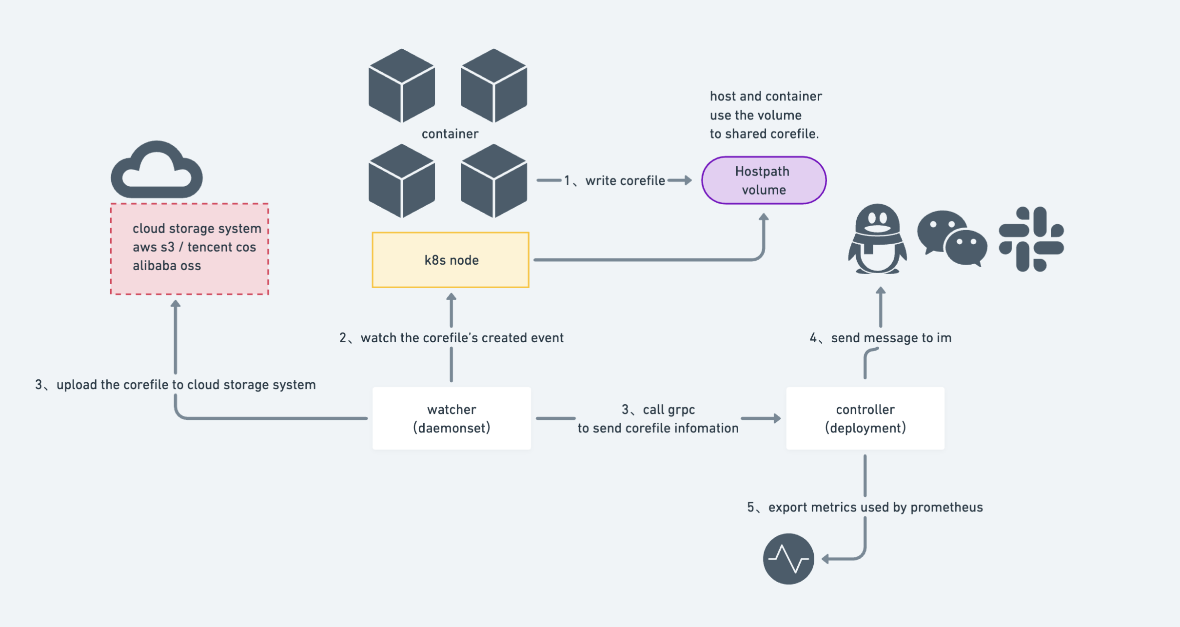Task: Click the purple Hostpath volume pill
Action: [x=764, y=180]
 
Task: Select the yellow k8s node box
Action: [x=451, y=260]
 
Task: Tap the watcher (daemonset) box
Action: [x=452, y=418]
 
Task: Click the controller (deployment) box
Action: [x=865, y=418]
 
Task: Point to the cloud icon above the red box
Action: [x=157, y=171]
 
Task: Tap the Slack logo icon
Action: [x=1031, y=239]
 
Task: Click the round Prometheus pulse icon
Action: [x=788, y=559]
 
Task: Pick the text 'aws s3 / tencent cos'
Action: [x=194, y=247]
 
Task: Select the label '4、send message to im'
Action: [x=881, y=338]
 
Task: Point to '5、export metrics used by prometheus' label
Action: [x=865, y=508]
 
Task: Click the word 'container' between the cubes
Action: [x=450, y=134]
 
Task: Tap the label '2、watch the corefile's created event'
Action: [x=451, y=338]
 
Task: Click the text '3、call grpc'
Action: [x=658, y=410]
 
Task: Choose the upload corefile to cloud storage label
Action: [x=176, y=385]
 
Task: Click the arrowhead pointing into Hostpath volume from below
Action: [x=764, y=217]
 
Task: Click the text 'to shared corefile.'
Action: [x=764, y=134]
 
